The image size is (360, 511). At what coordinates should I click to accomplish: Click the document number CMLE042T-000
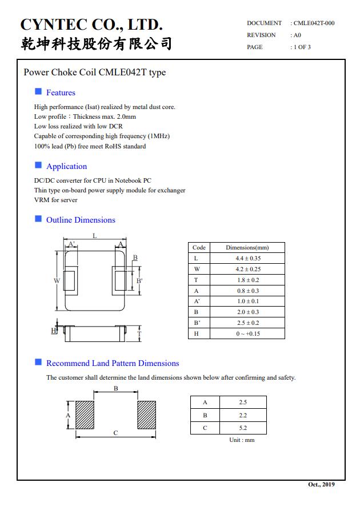point(314,23)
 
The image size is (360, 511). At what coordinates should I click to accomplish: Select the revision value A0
point(297,35)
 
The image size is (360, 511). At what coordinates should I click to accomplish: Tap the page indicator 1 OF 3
point(302,47)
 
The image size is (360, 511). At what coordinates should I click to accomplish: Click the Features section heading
point(61,92)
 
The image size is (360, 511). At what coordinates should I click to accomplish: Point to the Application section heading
point(66,166)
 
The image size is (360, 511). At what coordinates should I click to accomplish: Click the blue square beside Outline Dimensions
point(38,219)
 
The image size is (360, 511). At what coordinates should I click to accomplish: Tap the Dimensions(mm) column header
point(247,248)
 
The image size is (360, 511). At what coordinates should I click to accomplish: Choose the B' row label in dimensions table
point(197,323)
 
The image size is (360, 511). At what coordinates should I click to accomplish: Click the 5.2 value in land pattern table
point(243,428)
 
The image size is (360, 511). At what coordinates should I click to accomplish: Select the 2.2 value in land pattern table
point(243,415)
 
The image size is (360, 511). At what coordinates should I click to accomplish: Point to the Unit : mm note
point(242,440)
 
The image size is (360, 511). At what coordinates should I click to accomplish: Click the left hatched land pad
point(85,415)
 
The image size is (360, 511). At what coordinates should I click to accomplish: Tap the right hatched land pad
point(146,415)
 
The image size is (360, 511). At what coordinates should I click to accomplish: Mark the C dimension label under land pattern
point(115,433)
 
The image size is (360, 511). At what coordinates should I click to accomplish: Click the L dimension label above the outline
point(95,235)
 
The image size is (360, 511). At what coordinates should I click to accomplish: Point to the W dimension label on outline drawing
point(57,280)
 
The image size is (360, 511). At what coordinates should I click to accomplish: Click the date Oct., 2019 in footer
point(321,484)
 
